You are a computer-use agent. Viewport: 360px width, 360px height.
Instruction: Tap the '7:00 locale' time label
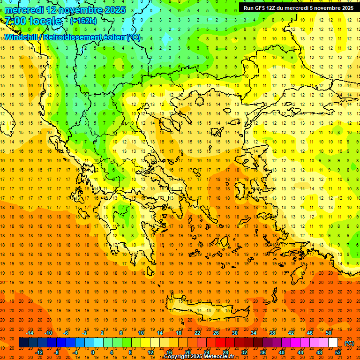point(33,21)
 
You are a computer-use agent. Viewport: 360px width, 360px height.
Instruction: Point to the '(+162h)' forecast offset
point(83,21)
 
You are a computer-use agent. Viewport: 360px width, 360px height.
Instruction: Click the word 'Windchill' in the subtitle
point(22,37)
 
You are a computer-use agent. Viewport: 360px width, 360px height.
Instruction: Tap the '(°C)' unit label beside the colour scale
point(349,343)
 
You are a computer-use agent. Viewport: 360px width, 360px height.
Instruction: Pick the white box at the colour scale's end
point(333,343)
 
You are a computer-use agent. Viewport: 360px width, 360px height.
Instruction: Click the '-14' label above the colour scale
point(30,333)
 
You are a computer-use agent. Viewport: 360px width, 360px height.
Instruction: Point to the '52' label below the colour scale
point(338,352)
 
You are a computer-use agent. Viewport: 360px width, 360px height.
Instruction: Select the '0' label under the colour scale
point(93,352)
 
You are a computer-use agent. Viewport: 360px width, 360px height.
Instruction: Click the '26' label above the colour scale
point(216,333)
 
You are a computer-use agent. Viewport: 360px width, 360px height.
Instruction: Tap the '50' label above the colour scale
point(328,333)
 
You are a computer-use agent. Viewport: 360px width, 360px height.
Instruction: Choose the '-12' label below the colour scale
point(39,352)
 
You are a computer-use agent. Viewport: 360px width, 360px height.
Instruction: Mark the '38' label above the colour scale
point(272,333)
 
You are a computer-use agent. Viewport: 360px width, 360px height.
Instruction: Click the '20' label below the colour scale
point(188,352)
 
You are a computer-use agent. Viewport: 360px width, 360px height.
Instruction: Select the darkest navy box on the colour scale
point(24,343)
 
